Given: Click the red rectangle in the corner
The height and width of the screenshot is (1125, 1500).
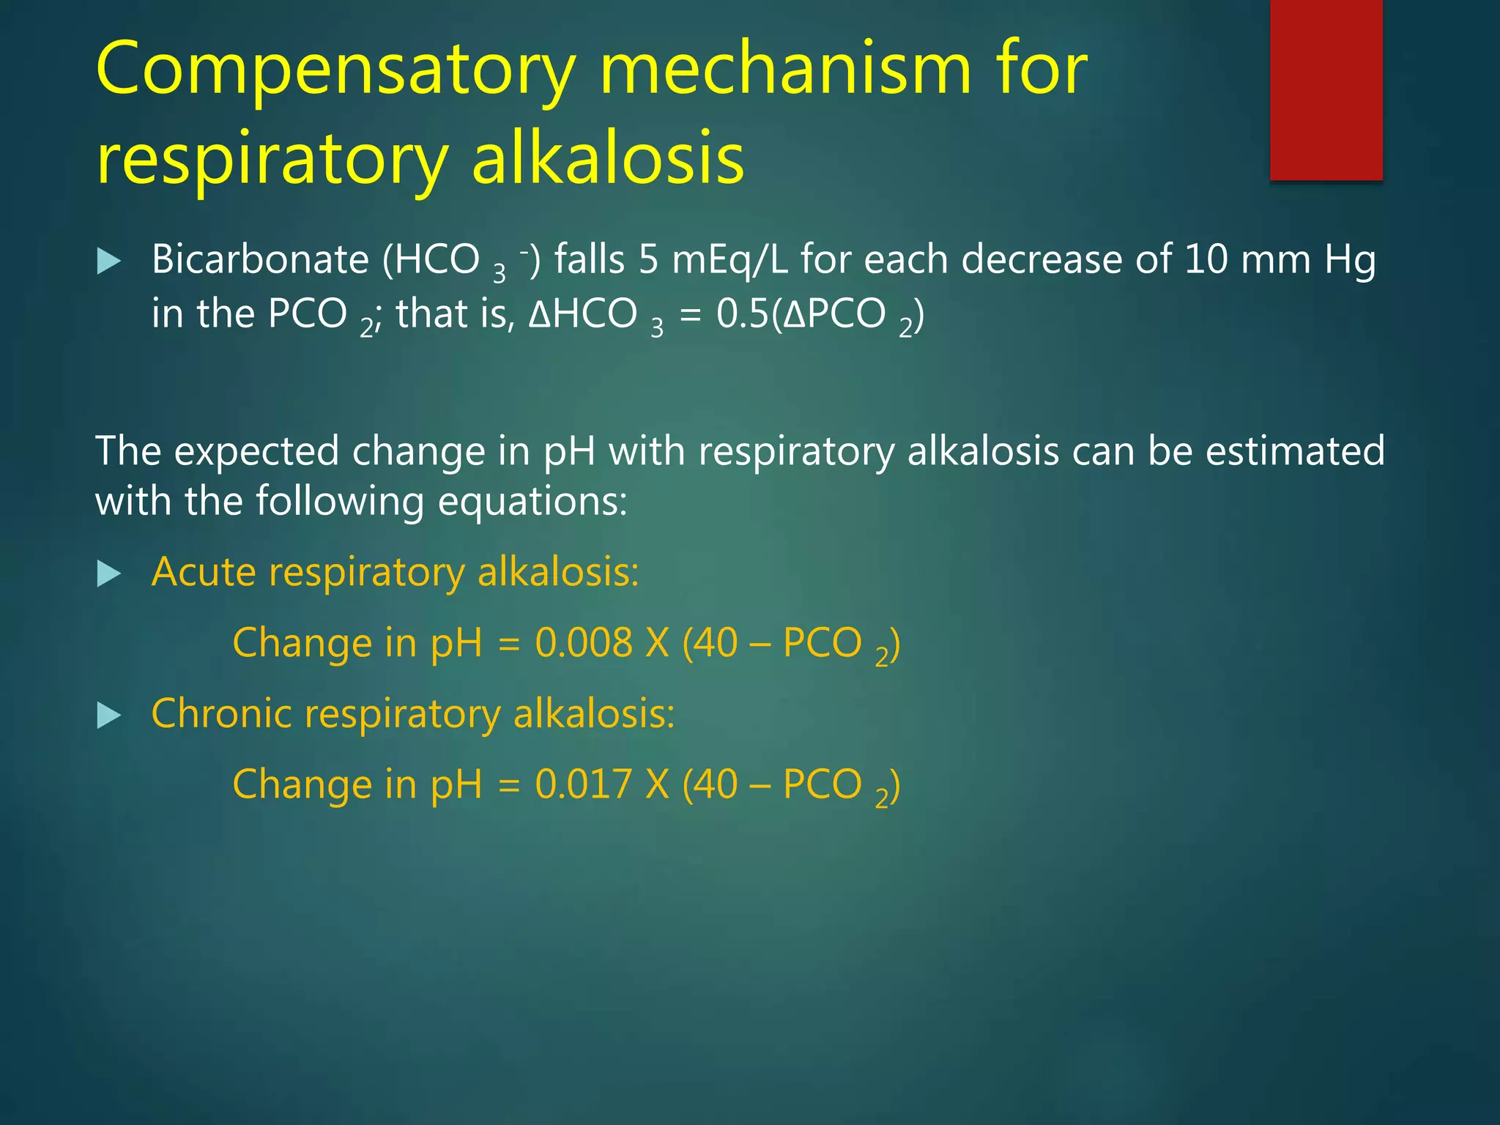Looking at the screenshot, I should tap(1326, 89).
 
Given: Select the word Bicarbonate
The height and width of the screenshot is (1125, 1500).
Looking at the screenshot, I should tap(260, 259).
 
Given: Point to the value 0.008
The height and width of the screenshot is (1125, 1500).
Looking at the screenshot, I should tap(583, 643).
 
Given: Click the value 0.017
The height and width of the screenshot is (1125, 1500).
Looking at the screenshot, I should tap(583, 784).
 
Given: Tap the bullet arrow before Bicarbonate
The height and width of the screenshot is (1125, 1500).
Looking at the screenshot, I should tap(108, 261).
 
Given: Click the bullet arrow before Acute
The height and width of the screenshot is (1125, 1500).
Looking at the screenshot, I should tap(108, 573).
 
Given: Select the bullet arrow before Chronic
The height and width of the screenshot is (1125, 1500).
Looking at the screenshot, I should tap(108, 715).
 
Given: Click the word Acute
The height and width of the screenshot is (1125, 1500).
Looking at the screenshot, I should tap(203, 572).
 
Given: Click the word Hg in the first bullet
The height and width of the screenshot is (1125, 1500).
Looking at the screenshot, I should tap(1350, 261).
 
